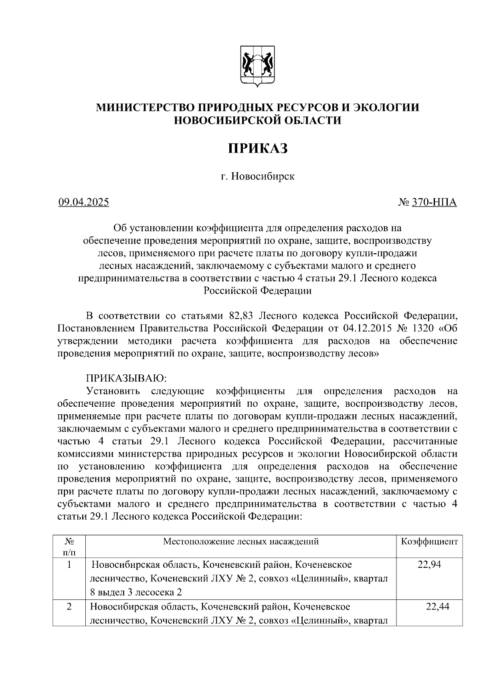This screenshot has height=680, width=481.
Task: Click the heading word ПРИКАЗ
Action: point(258,148)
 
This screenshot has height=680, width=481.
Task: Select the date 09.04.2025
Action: point(83,202)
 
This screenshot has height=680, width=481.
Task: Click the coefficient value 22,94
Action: point(429,565)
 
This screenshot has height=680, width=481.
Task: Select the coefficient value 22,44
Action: point(437,606)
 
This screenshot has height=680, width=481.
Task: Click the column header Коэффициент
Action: point(429,542)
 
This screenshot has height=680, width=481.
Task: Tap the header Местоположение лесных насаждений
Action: point(240,542)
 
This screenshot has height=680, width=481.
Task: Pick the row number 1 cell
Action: point(69,565)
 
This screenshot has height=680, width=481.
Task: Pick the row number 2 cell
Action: point(69,607)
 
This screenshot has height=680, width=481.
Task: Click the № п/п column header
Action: point(69,547)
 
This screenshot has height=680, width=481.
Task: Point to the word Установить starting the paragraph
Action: point(113,391)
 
